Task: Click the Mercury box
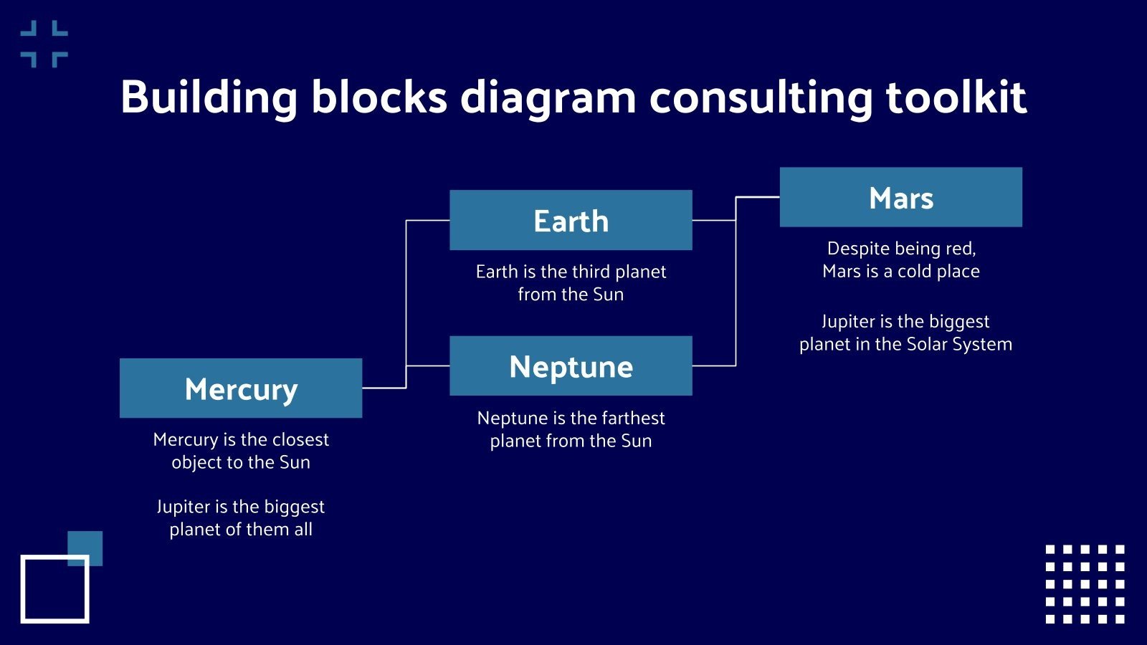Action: pos(241,388)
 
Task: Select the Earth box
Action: pos(571,220)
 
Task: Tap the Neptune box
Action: pos(571,365)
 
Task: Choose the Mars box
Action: pos(900,197)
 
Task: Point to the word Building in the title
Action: pos(209,97)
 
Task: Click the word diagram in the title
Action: pos(548,97)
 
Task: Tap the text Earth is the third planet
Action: pos(571,272)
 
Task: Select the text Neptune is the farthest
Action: pos(571,418)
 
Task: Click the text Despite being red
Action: pos(901,249)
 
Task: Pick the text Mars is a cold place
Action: pos(901,272)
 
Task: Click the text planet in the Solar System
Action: pos(905,345)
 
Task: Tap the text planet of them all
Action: pos(241,530)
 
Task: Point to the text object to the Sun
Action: pos(241,462)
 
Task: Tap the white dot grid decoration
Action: pos(1085,584)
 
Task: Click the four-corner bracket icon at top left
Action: pos(44,44)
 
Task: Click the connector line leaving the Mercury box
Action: pos(384,388)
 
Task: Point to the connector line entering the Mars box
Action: pos(758,197)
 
